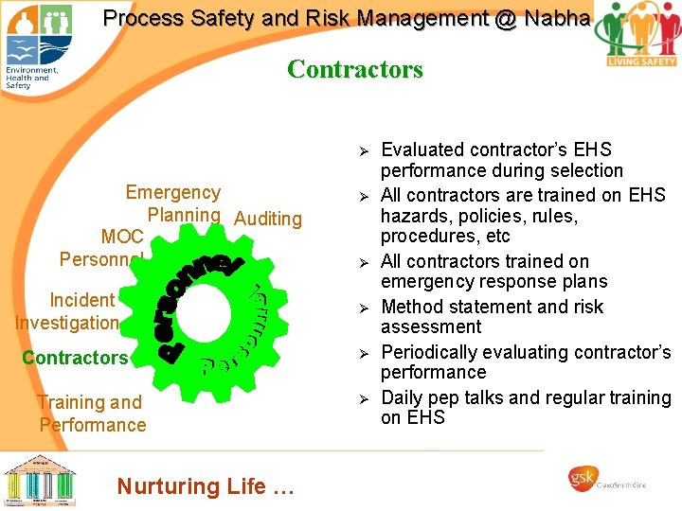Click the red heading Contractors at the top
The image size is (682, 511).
tap(354, 69)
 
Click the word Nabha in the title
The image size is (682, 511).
tap(550, 18)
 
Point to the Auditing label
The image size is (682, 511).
tap(267, 219)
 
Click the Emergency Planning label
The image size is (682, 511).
tap(174, 203)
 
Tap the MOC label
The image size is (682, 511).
tap(122, 237)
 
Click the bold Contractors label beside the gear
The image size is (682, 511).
tap(74, 358)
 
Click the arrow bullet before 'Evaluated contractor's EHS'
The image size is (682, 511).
tap(361, 150)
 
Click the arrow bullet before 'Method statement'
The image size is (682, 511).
tap(361, 308)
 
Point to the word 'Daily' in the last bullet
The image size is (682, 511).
tap(404, 397)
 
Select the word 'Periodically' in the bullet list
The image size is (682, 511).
tap(427, 352)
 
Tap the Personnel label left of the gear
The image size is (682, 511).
tap(100, 259)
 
